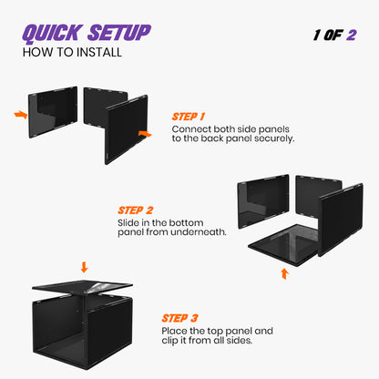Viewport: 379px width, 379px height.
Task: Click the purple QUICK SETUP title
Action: point(87,34)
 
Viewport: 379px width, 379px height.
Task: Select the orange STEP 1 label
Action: point(189,117)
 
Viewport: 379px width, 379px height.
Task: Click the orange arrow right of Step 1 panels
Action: point(144,133)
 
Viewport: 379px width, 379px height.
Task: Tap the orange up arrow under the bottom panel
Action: point(284,272)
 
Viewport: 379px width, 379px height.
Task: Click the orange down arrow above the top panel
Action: point(84,267)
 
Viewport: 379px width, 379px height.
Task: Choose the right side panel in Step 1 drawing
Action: point(127,128)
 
